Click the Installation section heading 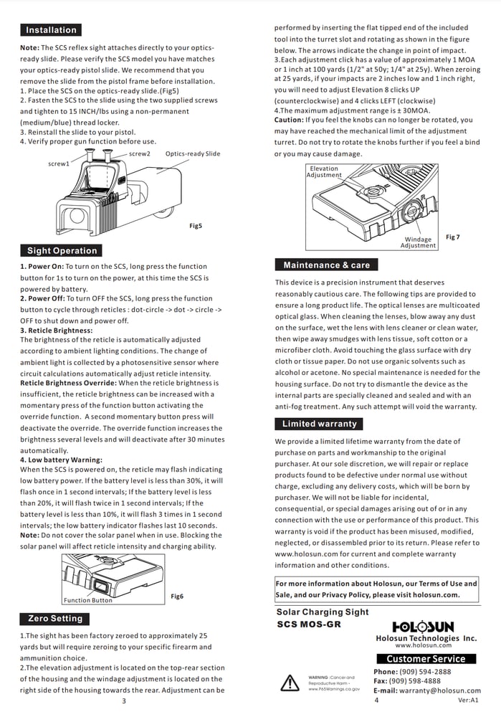pyautogui.click(x=51, y=30)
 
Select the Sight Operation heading pyautogui.click(x=62, y=251)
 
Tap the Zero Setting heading pyautogui.click(x=55, y=619)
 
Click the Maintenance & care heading pyautogui.click(x=326, y=265)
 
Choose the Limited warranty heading pyautogui.click(x=319, y=424)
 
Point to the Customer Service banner pyautogui.click(x=426, y=659)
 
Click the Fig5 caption pyautogui.click(x=196, y=226)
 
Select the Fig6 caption pyautogui.click(x=177, y=597)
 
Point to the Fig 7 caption pyautogui.click(x=453, y=237)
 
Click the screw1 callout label pyautogui.click(x=59, y=164)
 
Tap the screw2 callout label pyautogui.click(x=140, y=154)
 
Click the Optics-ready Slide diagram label pyautogui.click(x=193, y=154)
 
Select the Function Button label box pyautogui.click(x=88, y=600)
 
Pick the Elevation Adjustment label pyautogui.click(x=324, y=172)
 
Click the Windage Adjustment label pyautogui.click(x=418, y=242)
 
